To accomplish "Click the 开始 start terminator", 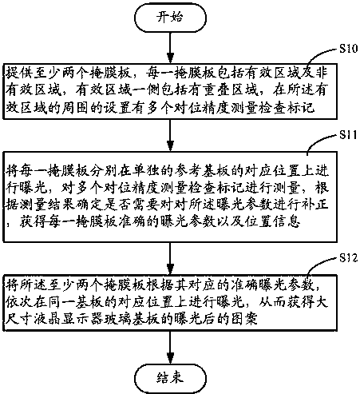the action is coord(170,18).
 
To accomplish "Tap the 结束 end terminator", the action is coord(170,378).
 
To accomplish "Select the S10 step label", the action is coord(349,49).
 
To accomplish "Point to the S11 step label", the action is coord(348,135).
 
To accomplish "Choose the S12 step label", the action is coord(349,258).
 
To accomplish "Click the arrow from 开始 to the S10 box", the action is coord(170,48).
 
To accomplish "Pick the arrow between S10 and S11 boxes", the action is coord(170,135).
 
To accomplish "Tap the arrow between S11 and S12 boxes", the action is coord(170,258).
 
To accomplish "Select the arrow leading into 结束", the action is coord(170,348).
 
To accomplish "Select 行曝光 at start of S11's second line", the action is coord(26,188).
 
